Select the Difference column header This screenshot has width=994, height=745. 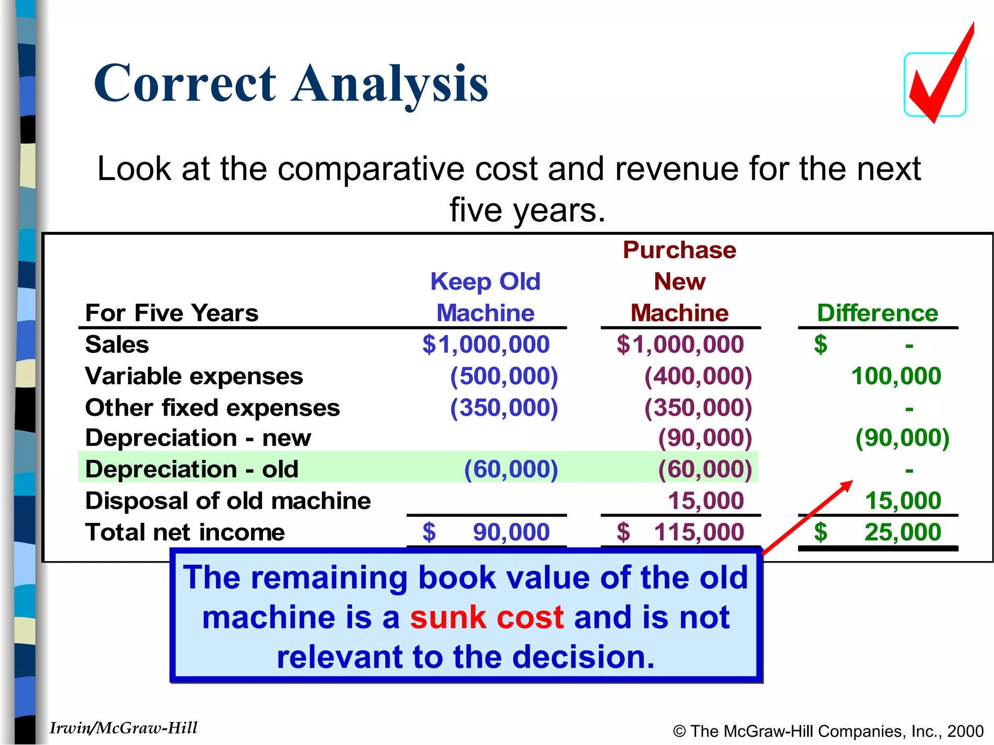coord(878,313)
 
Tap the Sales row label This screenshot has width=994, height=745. coord(117,345)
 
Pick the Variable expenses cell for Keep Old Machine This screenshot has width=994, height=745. coord(504,376)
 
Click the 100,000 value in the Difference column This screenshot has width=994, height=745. coord(896,376)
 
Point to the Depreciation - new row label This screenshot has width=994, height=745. coord(198,438)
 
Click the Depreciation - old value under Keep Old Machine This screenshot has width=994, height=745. coord(511,470)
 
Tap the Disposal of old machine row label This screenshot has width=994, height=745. coord(228,501)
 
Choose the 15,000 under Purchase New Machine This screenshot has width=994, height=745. coord(706,501)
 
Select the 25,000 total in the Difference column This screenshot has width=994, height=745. coord(903,533)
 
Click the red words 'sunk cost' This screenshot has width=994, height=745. coord(487,618)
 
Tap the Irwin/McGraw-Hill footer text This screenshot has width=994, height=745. coord(123,728)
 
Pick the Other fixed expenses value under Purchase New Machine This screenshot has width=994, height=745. coord(698,408)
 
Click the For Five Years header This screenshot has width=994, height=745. coord(172,313)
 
